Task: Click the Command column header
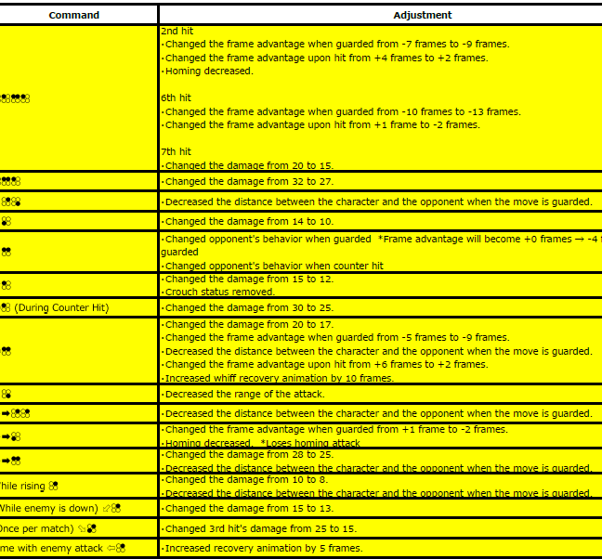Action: coord(73,15)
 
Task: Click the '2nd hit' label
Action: coord(176,31)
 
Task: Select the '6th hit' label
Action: coord(176,97)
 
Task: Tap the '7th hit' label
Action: coord(176,151)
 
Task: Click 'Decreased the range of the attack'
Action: coord(244,394)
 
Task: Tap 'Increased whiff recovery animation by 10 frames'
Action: coord(279,378)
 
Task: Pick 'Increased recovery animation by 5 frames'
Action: coord(263,548)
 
